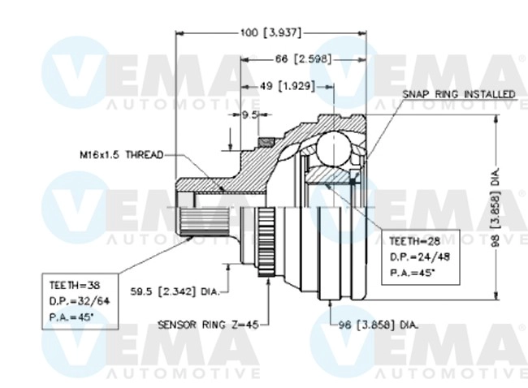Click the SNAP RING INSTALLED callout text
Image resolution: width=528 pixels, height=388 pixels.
click(459, 94)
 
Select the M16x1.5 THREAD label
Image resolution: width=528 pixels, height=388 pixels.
click(122, 153)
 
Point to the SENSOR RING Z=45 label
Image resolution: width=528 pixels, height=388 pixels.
click(208, 325)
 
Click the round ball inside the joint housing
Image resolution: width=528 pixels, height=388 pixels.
click(331, 149)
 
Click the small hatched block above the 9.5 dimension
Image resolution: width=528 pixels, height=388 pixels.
click(263, 144)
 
